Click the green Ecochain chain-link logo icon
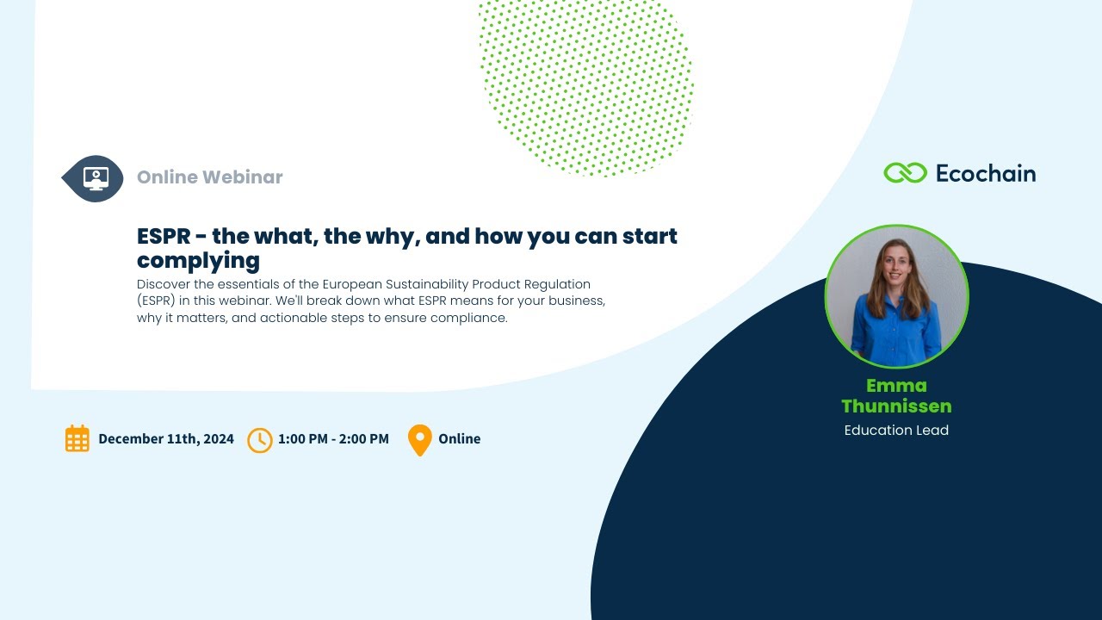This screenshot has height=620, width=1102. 905,173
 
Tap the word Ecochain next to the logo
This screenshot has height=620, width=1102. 985,173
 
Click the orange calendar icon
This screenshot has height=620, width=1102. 77,438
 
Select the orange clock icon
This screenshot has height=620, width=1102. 259,439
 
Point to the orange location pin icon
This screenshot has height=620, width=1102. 419,438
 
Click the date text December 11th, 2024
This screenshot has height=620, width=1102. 166,438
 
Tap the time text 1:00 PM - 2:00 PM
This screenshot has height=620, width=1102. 333,438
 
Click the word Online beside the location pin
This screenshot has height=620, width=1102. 460,438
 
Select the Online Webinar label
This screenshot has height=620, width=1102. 210,177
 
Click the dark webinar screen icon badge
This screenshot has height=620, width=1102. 95,178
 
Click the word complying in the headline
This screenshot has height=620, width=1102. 198,260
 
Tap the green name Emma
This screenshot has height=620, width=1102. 896,385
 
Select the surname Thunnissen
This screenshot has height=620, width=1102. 896,406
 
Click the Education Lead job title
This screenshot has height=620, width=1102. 896,430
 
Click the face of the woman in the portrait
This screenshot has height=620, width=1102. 895,268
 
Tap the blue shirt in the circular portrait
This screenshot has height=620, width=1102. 895,332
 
